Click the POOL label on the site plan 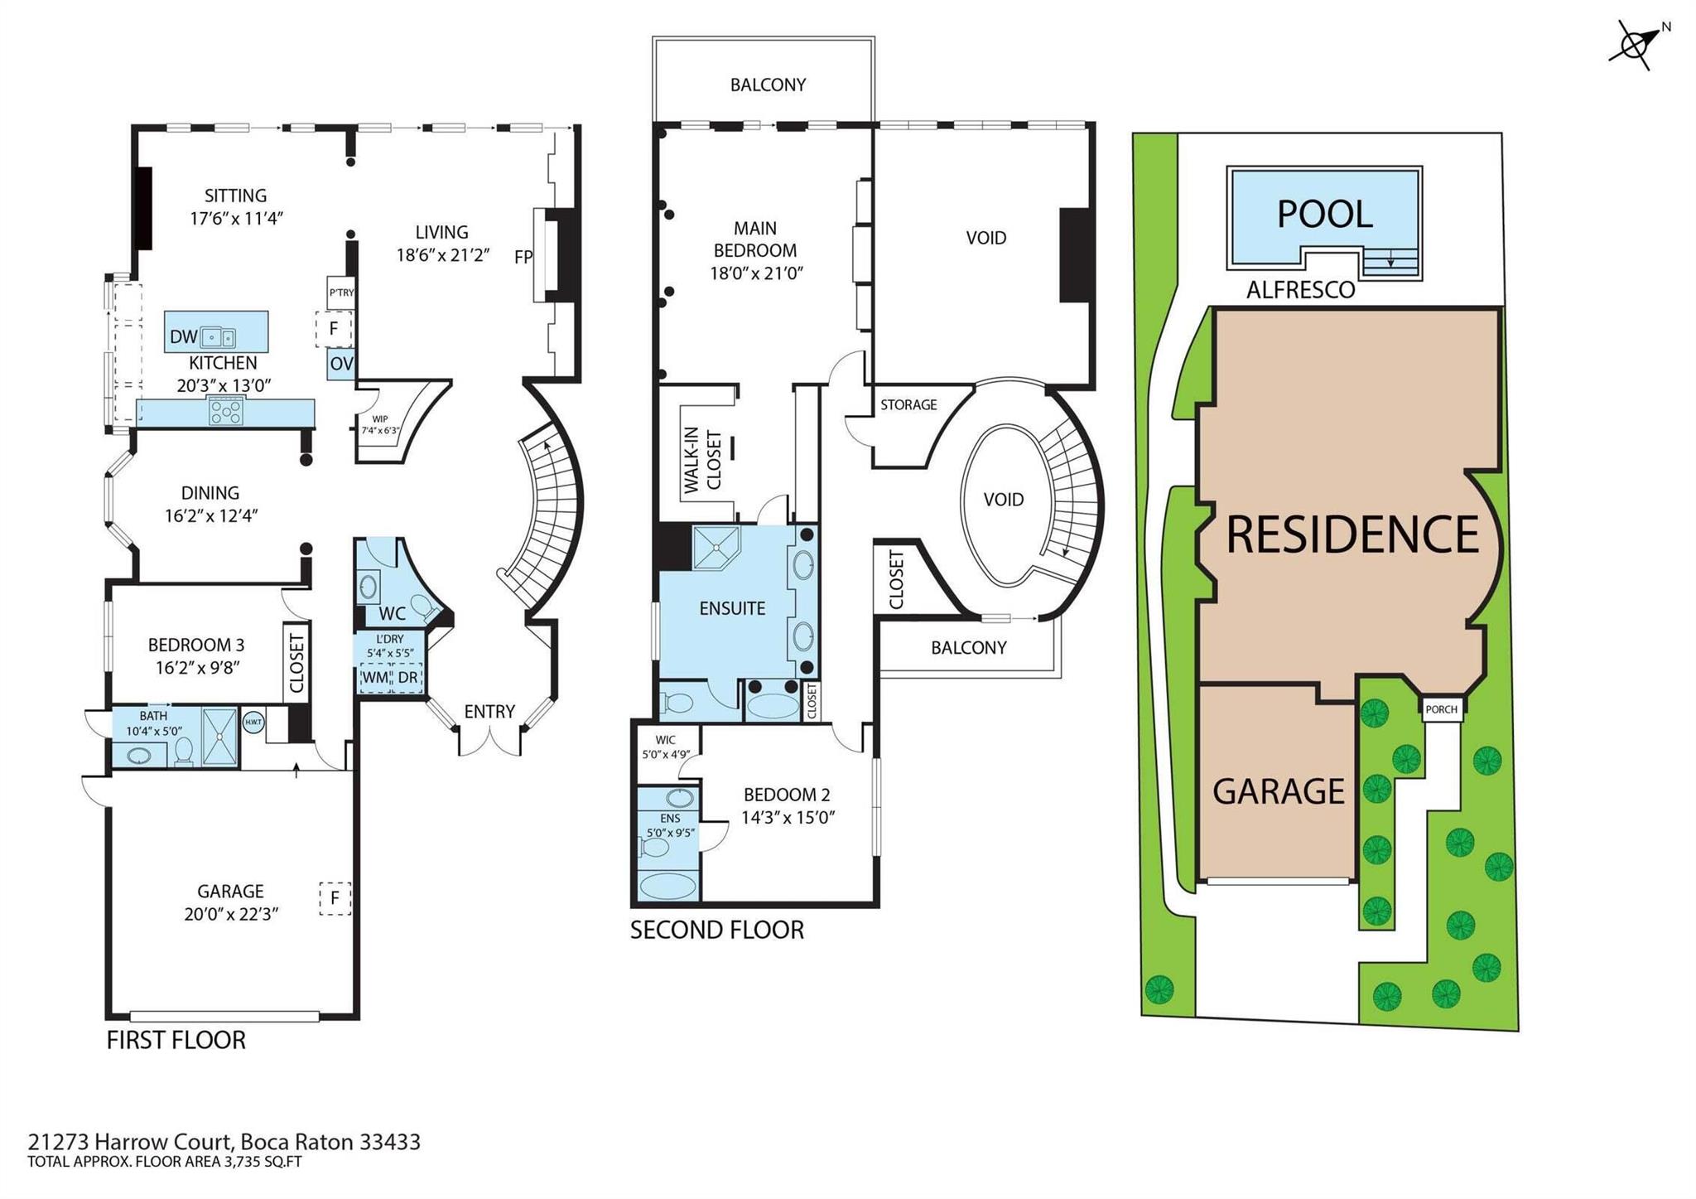1324,214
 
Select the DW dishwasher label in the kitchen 183,336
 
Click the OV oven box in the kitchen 341,363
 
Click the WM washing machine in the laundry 375,678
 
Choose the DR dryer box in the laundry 407,678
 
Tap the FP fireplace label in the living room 523,257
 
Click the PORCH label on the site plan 1442,709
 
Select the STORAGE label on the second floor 908,404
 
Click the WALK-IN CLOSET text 701,461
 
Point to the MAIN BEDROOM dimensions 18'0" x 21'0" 757,273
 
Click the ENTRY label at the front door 489,711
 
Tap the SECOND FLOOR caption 717,930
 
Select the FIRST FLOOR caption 176,1040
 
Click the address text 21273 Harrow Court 132,1142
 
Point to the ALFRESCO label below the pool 1301,290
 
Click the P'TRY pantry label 341,292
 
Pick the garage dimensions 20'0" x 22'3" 231,914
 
